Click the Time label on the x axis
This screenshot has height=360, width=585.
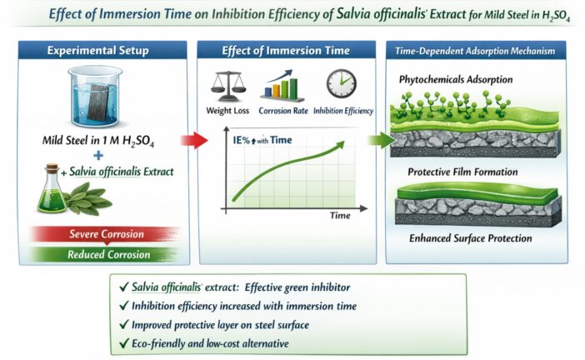point(339,216)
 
